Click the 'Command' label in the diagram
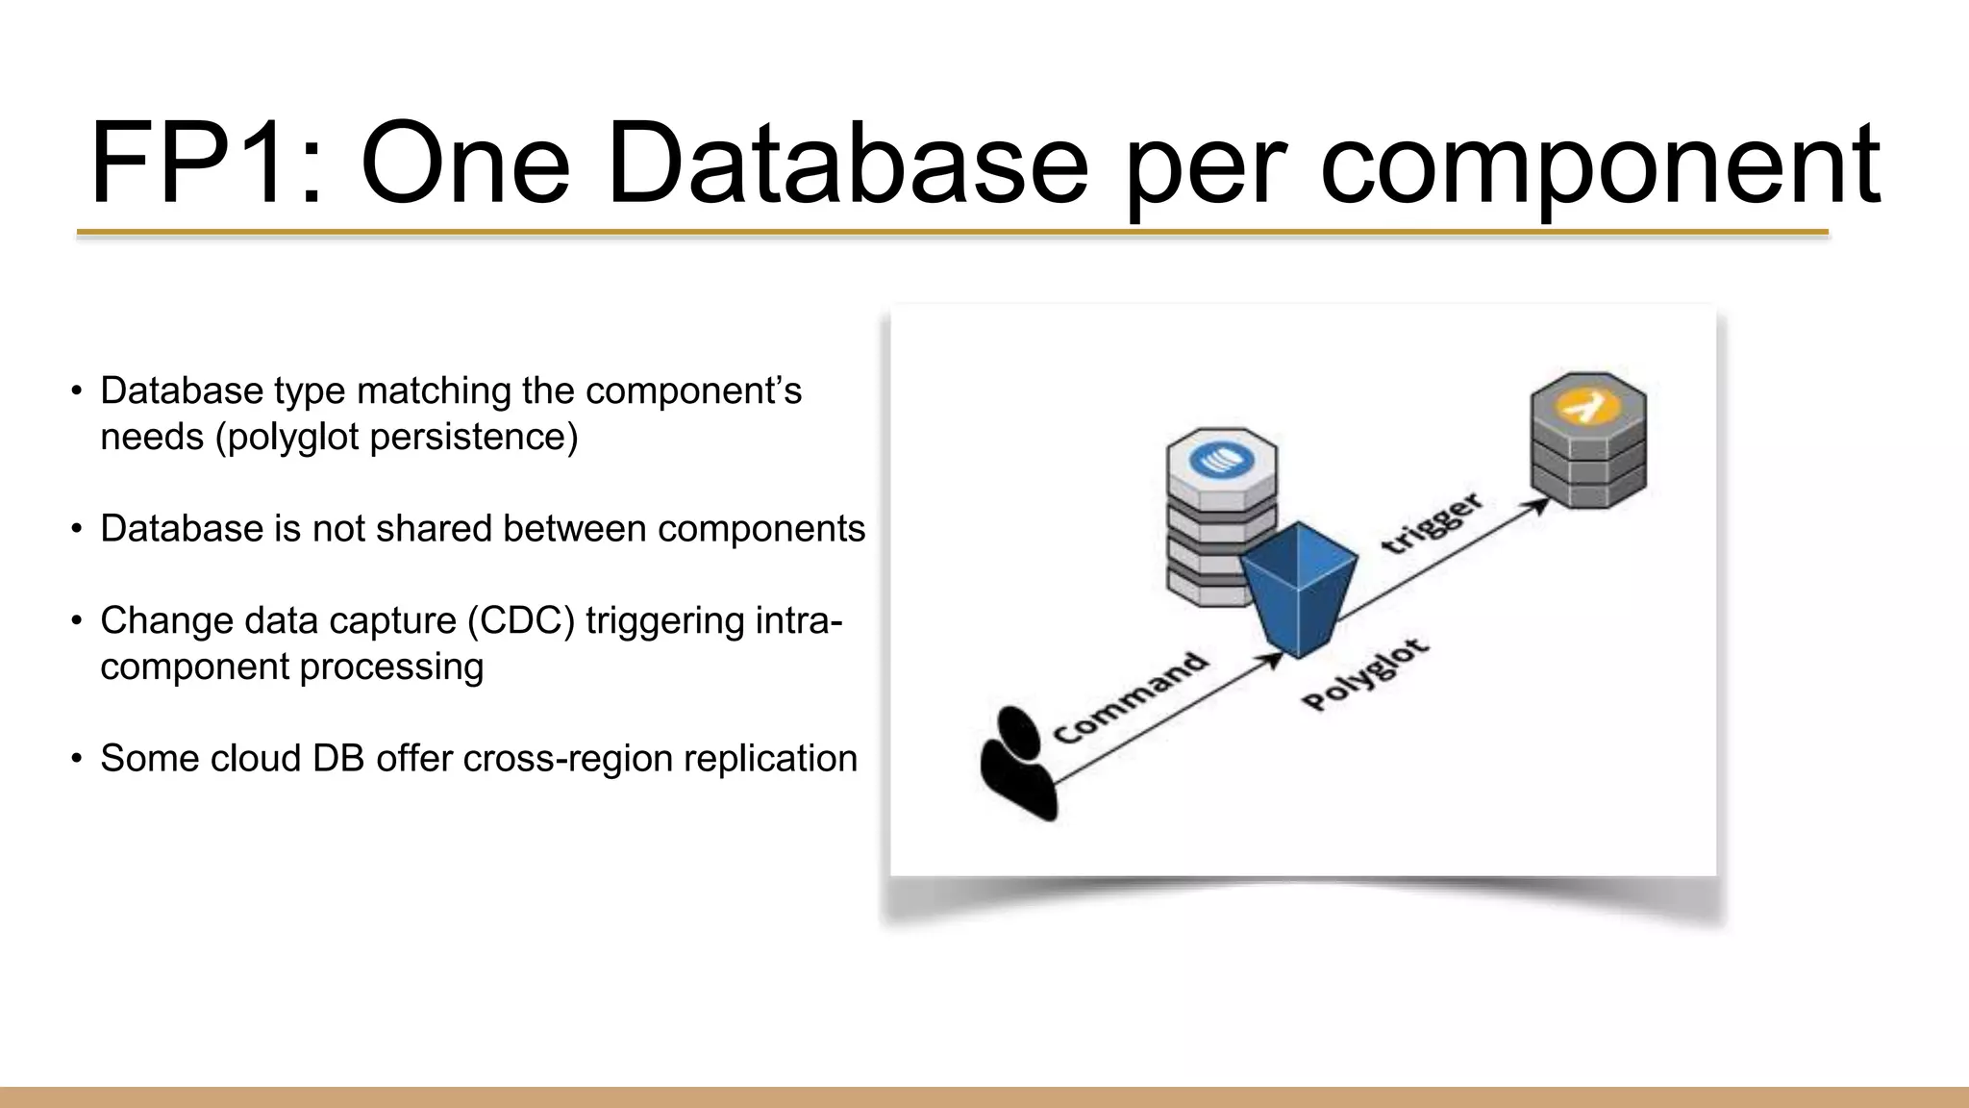coord(1131,697)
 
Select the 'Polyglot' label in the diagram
coord(1365,675)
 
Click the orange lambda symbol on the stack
coord(1587,405)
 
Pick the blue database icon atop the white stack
coord(1222,459)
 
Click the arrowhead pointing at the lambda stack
coord(1538,505)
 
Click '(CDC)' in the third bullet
coord(521,621)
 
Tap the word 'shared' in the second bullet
coord(435,529)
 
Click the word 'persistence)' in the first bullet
coord(474,438)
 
